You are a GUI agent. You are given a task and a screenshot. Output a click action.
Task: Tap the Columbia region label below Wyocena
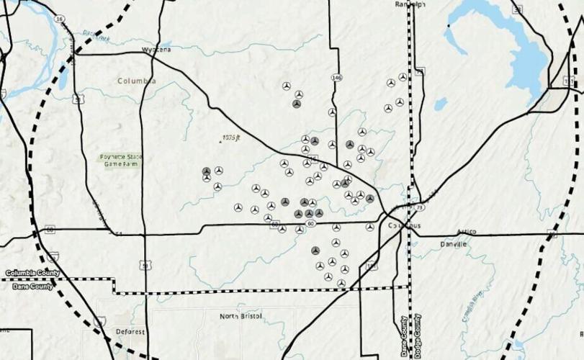coord(136,81)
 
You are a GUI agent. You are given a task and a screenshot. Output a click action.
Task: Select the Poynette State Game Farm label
coord(120,161)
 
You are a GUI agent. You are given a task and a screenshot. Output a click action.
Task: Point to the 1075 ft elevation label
coord(230,137)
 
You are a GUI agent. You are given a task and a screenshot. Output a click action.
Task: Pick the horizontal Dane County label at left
coord(28,286)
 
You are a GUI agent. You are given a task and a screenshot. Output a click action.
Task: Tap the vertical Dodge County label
coord(417,336)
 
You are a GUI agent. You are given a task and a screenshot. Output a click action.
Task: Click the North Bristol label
coord(241,316)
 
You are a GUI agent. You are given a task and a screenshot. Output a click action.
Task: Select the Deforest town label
coord(130,332)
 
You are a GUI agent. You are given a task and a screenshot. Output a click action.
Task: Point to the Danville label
coord(454,245)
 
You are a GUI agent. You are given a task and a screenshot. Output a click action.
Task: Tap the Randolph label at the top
coord(411,4)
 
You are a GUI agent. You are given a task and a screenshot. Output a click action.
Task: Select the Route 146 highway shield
coord(336,76)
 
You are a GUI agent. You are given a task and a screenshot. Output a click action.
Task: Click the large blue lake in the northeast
coord(504,43)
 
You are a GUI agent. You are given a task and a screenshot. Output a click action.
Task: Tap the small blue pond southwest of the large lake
coord(440,104)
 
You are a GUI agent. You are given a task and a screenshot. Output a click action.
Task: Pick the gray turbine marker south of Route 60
coord(315,251)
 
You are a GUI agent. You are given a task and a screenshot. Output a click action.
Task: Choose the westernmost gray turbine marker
coord(207,171)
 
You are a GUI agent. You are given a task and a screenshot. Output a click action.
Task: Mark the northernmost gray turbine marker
coord(296,104)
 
